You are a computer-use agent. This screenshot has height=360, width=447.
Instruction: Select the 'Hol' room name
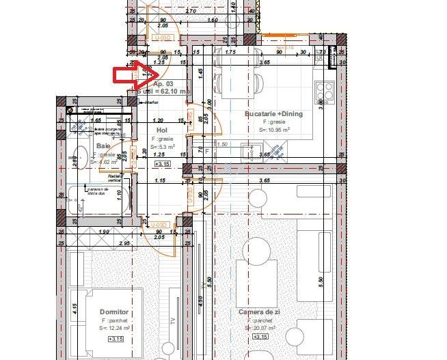tap(162, 130)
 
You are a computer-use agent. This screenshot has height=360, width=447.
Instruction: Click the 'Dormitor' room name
tap(115, 311)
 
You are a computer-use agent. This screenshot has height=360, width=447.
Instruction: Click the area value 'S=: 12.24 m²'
tap(115, 328)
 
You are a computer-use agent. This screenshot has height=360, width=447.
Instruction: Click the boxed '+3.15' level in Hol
tap(162, 164)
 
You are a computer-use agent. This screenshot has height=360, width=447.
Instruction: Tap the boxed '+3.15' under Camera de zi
tap(260, 337)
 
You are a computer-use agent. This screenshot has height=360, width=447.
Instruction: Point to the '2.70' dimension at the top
tap(191, 12)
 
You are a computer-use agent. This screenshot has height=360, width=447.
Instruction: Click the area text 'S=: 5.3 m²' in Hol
tap(162, 146)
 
